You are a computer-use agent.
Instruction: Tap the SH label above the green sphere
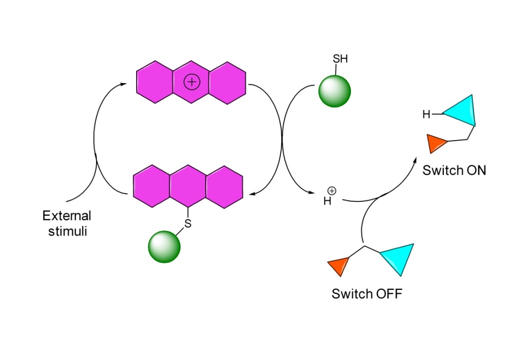click(340, 59)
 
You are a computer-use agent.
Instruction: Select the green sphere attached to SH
click(334, 91)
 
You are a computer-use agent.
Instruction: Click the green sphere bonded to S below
click(164, 246)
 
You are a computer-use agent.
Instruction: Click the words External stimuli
click(67, 224)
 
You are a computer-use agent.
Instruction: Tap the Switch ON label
click(454, 170)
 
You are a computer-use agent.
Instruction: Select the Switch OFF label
click(366, 293)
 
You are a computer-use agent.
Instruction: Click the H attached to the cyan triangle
click(426, 115)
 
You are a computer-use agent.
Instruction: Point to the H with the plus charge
click(328, 201)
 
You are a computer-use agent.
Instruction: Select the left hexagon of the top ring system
click(155, 82)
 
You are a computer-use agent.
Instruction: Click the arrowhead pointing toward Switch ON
click(415, 160)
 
